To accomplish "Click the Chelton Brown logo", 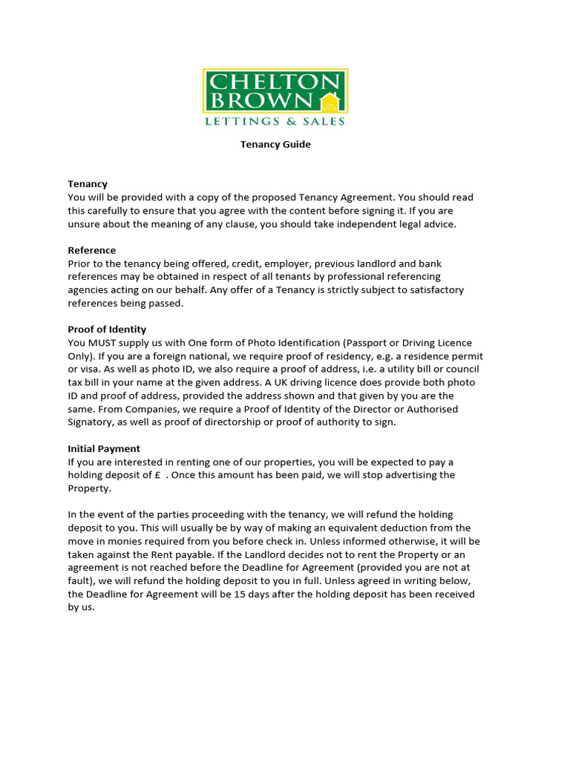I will click(275, 97).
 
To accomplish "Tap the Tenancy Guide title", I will click(275, 145).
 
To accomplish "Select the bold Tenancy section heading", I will click(88, 184).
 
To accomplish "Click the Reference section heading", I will click(92, 250).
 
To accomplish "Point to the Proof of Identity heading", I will click(107, 330).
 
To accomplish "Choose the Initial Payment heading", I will click(104, 448).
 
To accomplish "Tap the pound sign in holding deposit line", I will click(158, 475).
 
